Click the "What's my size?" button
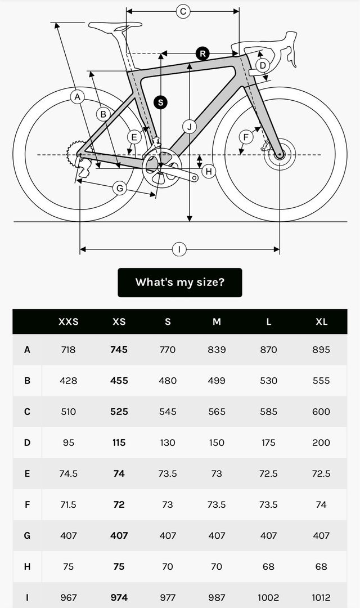(179, 282)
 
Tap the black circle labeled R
(202, 53)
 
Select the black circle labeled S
(161, 102)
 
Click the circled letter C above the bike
(182, 11)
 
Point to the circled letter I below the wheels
(179, 249)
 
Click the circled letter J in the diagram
(190, 127)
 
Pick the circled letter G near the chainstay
(119, 188)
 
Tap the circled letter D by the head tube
(262, 65)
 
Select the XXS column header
(69, 322)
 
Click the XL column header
(321, 322)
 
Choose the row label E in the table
(27, 473)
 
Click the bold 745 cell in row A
(119, 350)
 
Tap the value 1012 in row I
(321, 597)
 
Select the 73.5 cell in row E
(168, 473)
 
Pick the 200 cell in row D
(321, 442)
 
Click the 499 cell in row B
(217, 381)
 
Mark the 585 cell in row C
(268, 412)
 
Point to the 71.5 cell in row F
(69, 504)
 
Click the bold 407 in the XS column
(119, 535)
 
